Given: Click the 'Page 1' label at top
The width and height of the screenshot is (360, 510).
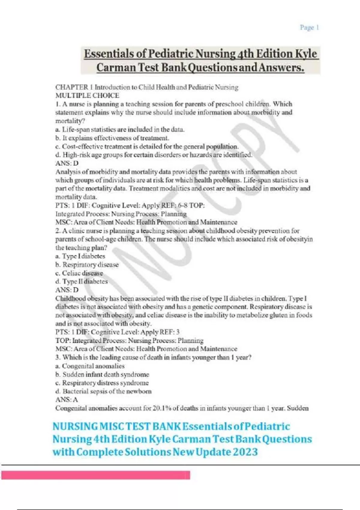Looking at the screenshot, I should [309, 28].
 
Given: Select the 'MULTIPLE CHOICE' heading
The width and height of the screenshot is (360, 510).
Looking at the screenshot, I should [87, 96].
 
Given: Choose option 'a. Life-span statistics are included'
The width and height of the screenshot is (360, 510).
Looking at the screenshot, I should [120, 130].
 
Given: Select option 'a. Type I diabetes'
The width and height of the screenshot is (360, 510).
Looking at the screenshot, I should [80, 256].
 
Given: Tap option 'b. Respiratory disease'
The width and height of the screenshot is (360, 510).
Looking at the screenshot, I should [87, 265].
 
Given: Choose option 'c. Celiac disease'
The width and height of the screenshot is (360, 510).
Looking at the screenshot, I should [79, 273].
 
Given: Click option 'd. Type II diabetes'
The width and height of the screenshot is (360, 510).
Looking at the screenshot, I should [82, 282].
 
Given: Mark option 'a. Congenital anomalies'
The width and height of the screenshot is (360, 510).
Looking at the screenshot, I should [90, 366].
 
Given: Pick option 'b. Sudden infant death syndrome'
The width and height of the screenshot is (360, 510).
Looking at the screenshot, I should [102, 374].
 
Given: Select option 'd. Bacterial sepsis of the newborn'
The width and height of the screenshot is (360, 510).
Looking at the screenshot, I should [103, 391].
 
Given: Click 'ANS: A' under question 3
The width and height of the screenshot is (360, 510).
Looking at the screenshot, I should [67, 400].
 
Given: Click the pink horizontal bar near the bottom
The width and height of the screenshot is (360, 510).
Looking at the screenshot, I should [96, 475].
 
